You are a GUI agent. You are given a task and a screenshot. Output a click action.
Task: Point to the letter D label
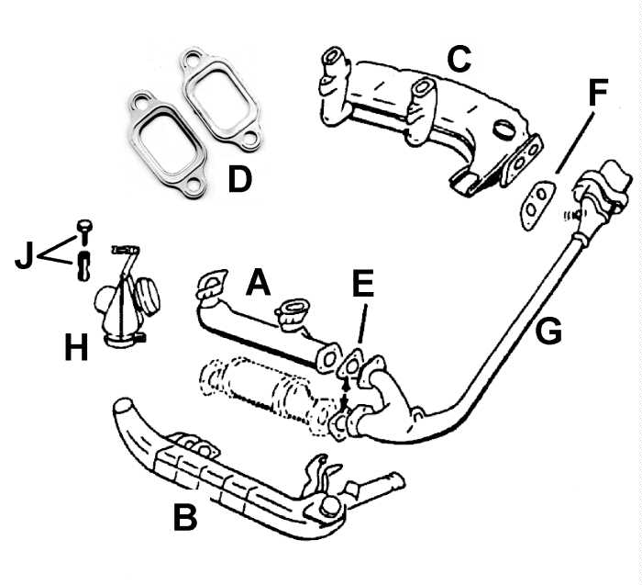(x=238, y=178)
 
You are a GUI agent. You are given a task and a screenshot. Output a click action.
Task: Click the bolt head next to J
(x=83, y=226)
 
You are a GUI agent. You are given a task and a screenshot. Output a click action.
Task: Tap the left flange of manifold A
(x=213, y=284)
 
